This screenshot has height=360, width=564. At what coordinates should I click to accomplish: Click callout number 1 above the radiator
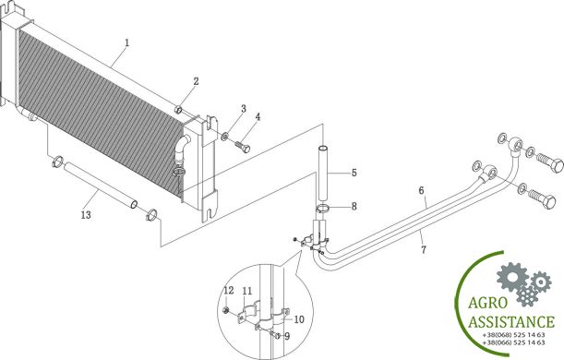pos(126,42)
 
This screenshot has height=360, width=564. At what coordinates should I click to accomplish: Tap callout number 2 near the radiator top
pos(196,81)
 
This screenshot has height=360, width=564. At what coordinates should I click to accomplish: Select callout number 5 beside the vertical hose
pos(354,173)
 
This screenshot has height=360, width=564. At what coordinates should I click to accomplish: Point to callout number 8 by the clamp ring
pos(354,207)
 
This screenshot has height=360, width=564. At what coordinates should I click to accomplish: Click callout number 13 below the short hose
pos(86,215)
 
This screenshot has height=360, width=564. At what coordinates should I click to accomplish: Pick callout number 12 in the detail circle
pos(229,290)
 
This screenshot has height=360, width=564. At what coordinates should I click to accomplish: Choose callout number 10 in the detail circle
pos(299,319)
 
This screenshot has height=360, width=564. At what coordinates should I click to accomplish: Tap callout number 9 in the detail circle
pos(287,336)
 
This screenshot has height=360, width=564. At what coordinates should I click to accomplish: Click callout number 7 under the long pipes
pos(424,249)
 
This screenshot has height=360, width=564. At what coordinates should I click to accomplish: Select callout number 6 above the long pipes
pos(421,190)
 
